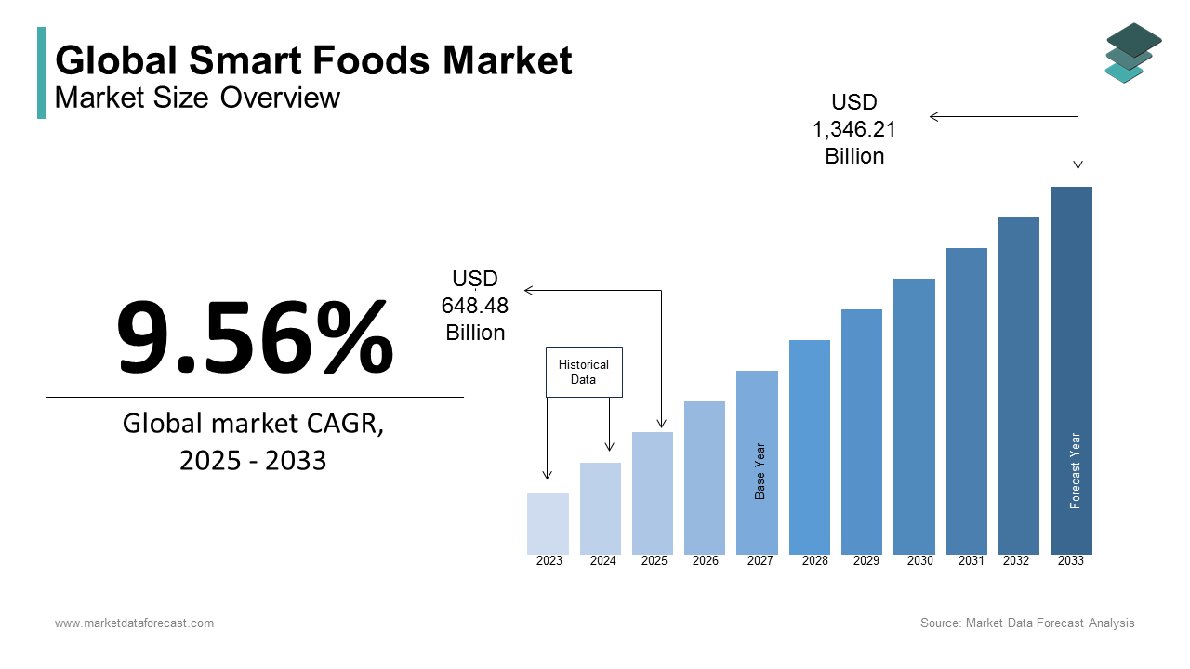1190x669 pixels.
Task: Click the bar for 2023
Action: tap(548, 524)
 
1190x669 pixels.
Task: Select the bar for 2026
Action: tap(705, 478)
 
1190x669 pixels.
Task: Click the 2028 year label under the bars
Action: tap(814, 561)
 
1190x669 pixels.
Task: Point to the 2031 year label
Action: tap(972, 561)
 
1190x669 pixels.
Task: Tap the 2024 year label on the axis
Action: tap(602, 561)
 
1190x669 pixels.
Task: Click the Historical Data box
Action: tap(584, 373)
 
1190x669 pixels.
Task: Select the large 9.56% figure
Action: tap(255, 336)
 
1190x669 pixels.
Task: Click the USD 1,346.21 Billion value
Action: tap(854, 129)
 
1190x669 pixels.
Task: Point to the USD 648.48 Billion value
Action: tap(475, 306)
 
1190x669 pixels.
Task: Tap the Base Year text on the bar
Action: tap(760, 471)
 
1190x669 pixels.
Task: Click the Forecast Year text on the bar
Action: tap(1076, 470)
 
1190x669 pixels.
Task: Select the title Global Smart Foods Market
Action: tap(313, 61)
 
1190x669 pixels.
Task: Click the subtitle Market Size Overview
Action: tap(198, 98)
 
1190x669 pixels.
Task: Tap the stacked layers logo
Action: tap(1133, 52)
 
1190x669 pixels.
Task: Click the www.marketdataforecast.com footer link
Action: tap(134, 623)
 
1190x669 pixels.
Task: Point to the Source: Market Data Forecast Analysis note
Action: tap(1027, 623)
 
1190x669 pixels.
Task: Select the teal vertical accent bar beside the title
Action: tap(42, 72)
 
